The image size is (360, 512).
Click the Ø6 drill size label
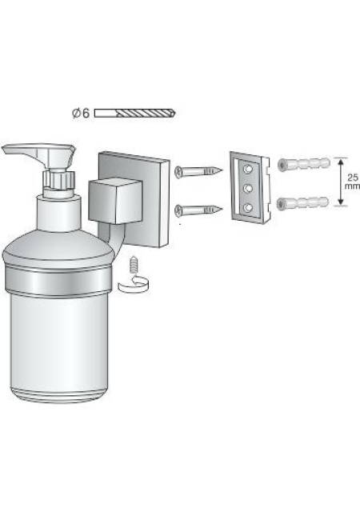81,114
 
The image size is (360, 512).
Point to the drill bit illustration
135,114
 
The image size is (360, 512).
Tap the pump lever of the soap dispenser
38,154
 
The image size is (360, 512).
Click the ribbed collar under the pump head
59,178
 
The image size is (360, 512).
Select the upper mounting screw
198,171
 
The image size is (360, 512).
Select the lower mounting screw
198,210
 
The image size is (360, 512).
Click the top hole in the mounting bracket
249,169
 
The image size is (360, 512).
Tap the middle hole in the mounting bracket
248,188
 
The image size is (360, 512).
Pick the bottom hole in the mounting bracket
248,207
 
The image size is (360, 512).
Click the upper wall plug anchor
303,164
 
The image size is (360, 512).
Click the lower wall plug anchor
302,203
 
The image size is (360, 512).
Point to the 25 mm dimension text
353,182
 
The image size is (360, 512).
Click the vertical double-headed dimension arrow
341,182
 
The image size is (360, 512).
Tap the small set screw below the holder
134,265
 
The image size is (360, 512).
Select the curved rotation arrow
134,283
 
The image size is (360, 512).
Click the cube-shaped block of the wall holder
115,201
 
